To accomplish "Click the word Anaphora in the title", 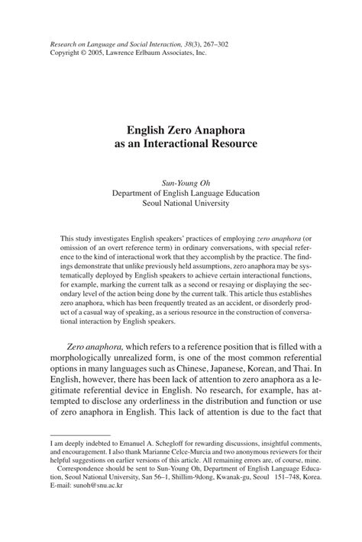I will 225,128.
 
